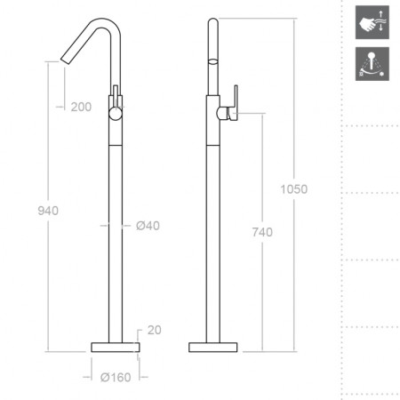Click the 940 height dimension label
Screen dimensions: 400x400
pyautogui.click(x=48, y=211)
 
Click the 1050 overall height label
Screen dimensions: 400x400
pyautogui.click(x=294, y=189)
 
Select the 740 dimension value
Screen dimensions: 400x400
pyautogui.click(x=262, y=232)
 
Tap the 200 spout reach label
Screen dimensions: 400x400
pyautogui.click(x=81, y=107)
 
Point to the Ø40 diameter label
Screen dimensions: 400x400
pyautogui.click(x=148, y=226)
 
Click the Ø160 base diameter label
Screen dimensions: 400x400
pyautogui.click(x=116, y=377)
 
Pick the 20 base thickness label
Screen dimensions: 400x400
pyautogui.click(x=155, y=330)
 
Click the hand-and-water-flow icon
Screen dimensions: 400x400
pyautogui.click(x=372, y=22)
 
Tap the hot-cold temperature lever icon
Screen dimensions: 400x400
pyautogui.click(x=372, y=64)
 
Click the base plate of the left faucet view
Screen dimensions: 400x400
pyautogui.click(x=116, y=348)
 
